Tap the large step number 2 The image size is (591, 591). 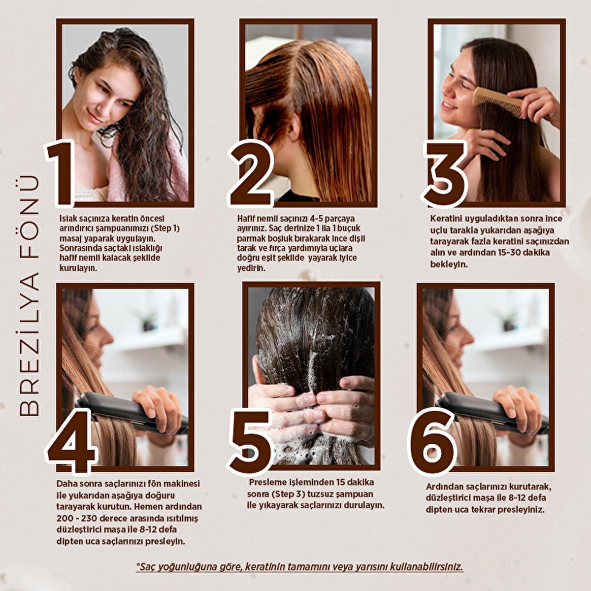coord(251,173)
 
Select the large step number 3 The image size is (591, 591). coord(445,173)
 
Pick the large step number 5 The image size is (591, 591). coord(250,442)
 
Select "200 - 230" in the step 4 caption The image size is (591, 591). coord(76,518)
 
